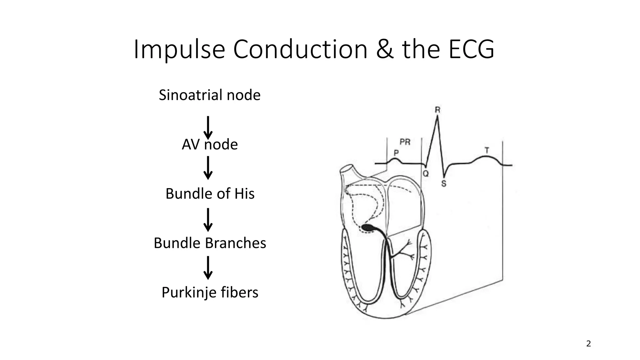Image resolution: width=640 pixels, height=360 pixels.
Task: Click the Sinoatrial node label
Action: [209, 95]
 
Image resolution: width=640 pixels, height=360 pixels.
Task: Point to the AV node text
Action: [210, 144]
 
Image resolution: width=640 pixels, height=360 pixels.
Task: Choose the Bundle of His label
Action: [210, 194]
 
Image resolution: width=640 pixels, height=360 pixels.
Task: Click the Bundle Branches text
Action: [210, 243]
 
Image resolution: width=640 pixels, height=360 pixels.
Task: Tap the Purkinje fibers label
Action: [210, 292]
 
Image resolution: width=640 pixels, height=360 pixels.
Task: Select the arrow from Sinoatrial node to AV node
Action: [208, 127]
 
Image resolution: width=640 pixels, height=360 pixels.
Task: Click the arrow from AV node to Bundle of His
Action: [208, 168]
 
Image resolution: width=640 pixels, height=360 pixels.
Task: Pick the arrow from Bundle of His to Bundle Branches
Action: [208, 220]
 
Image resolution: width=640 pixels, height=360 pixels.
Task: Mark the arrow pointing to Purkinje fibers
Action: [208, 268]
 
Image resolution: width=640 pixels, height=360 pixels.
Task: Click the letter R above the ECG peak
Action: [437, 110]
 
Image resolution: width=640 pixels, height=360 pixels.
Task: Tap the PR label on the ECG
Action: [405, 142]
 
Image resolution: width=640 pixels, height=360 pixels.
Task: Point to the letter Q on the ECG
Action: [426, 173]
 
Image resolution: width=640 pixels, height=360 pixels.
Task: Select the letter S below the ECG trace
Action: [444, 184]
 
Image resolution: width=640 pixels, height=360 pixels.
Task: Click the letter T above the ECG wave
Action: [487, 150]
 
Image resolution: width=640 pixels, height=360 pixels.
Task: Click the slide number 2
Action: [588, 344]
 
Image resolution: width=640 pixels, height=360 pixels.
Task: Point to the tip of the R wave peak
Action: [437, 116]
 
